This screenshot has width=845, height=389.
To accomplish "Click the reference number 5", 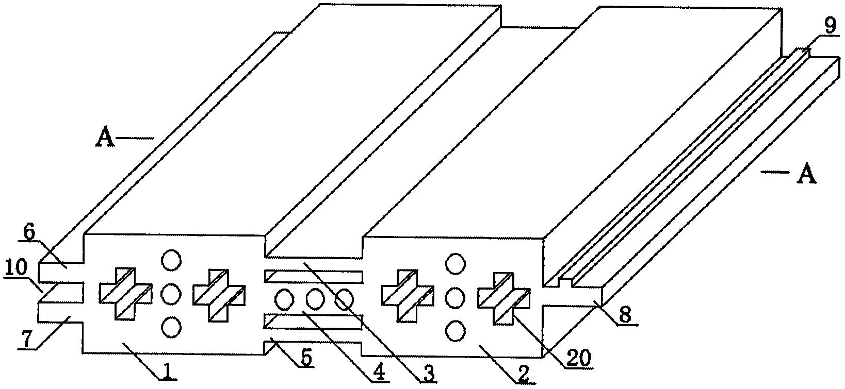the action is pyautogui.click(x=306, y=359).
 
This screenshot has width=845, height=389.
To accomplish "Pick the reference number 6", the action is pyautogui.click(x=29, y=233).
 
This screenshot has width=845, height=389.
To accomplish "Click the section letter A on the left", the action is pyautogui.click(x=105, y=138).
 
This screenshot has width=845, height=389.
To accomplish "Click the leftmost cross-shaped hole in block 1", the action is pyautogui.click(x=125, y=294).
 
